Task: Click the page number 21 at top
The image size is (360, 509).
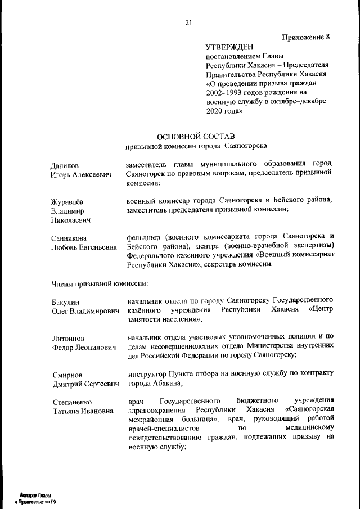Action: coord(188,22)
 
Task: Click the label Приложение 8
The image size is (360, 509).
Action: coord(305,37)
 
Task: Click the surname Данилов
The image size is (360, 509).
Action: coord(65,166)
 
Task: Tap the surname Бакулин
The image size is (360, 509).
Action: coord(66,303)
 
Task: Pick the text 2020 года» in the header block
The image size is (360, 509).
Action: coord(224,111)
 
